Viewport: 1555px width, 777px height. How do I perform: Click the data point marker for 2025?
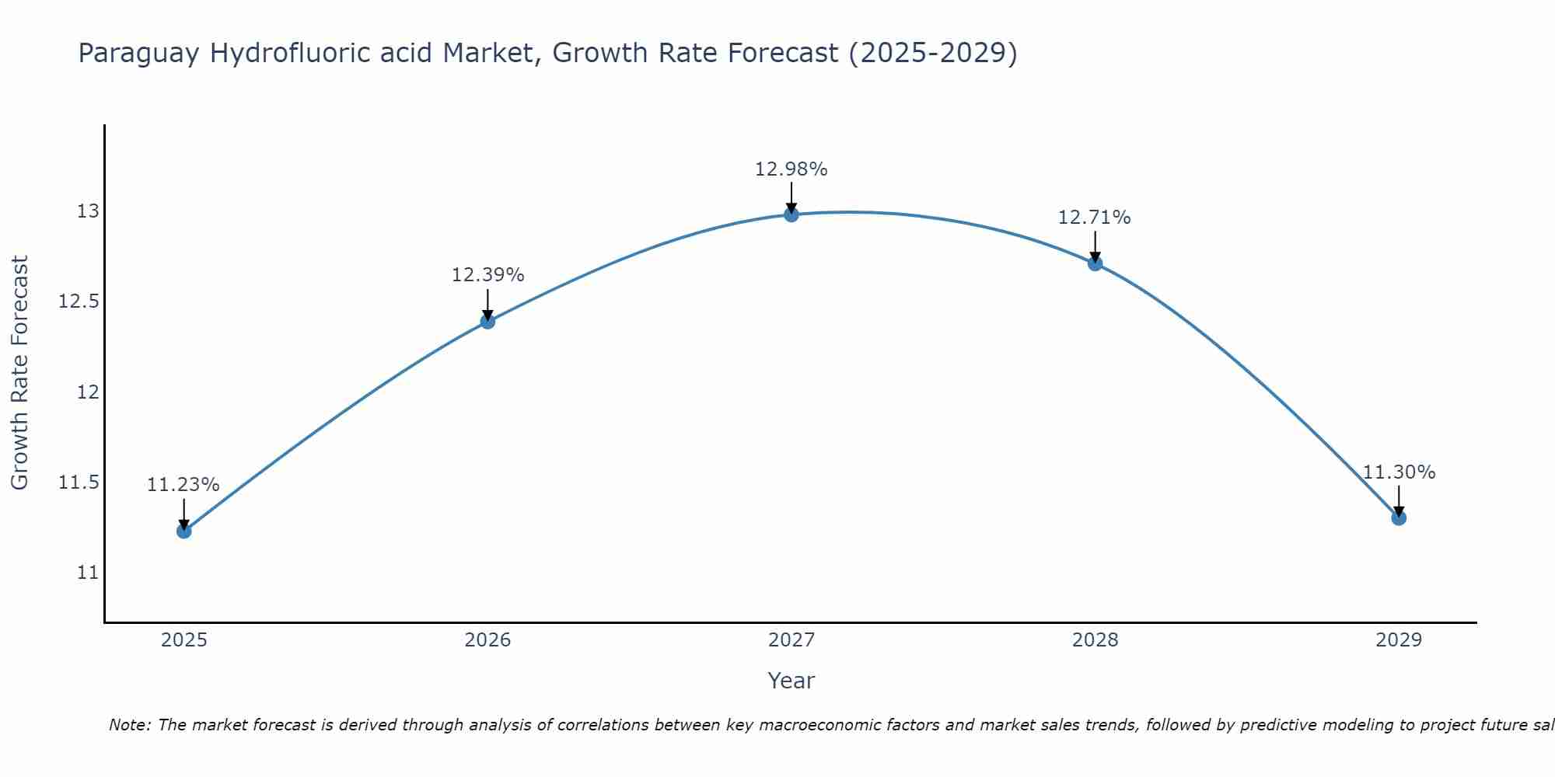pos(184,531)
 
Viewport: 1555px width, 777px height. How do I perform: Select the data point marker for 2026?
pos(487,321)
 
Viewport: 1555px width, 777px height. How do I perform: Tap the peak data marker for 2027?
pos(791,214)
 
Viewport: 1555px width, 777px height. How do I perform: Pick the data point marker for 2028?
pos(1095,263)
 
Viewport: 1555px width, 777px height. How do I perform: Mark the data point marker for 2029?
pos(1399,518)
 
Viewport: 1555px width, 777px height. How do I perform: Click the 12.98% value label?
pos(791,169)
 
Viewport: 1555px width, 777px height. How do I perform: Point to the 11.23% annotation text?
pos(183,485)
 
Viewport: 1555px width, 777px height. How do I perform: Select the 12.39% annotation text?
pos(487,274)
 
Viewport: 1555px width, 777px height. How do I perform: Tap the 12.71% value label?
pos(1095,218)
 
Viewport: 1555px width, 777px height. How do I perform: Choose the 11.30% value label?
pos(1399,472)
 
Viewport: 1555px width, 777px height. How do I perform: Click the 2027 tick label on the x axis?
pos(791,640)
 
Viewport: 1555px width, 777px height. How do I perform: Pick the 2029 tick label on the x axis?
pos(1399,640)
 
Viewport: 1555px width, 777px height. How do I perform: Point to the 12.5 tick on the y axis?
pos(79,301)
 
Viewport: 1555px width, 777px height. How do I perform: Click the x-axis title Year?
pos(791,681)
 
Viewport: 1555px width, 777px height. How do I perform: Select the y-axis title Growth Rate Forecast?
pos(19,373)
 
